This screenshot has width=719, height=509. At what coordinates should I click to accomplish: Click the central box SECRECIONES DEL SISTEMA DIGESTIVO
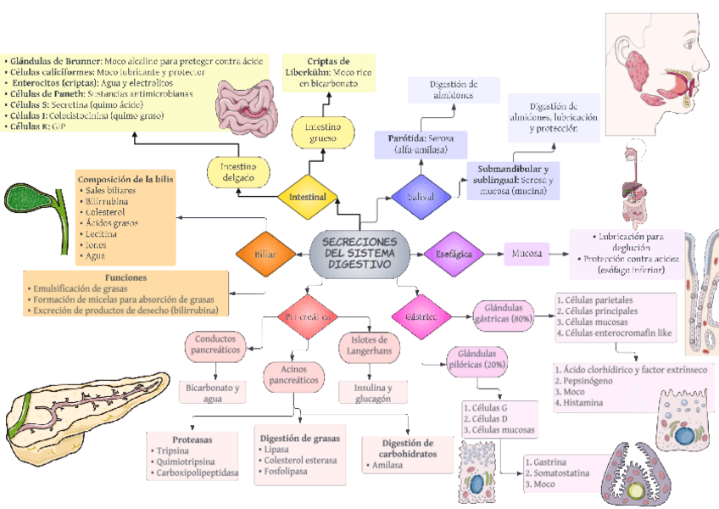[x=359, y=253]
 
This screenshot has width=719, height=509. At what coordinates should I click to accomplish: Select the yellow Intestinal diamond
[x=308, y=197]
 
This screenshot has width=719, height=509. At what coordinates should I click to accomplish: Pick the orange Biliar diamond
[x=265, y=254]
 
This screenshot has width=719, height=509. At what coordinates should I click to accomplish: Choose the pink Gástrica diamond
[x=415, y=316]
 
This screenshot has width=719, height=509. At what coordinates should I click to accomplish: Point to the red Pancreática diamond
[x=308, y=316]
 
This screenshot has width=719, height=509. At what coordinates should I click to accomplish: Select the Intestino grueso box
[x=322, y=133]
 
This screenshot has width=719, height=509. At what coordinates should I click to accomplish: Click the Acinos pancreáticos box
[x=293, y=375]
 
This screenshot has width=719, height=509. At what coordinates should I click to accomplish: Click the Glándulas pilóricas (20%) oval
[x=482, y=359]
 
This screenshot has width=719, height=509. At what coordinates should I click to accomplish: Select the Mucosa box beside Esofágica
[x=526, y=253]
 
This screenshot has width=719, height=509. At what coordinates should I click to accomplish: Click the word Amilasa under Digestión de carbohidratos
[x=387, y=465]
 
